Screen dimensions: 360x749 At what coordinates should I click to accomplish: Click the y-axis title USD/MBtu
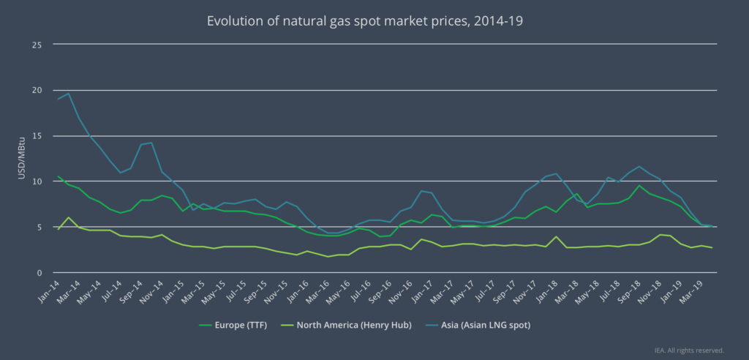[22, 159]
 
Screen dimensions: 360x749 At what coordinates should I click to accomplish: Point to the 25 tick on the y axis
[37, 45]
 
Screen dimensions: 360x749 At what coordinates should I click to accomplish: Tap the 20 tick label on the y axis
[37, 90]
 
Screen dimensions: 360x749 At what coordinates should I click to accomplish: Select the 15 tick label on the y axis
[37, 136]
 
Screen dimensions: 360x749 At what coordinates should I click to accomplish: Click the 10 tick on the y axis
[37, 181]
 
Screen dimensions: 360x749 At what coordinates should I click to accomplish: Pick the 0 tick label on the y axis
[39, 273]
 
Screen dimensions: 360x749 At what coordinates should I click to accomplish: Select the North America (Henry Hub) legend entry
[347, 323]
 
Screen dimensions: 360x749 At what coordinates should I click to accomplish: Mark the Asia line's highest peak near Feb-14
[68, 93]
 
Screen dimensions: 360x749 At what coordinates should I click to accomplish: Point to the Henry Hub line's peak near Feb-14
[68, 217]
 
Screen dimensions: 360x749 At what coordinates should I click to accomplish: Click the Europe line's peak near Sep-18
[639, 185]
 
